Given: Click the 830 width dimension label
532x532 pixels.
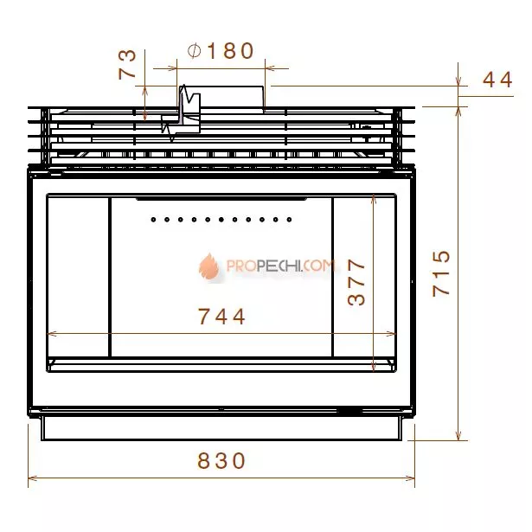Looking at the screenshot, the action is tap(221, 460).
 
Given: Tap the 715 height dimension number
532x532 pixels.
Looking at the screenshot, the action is tap(441, 274).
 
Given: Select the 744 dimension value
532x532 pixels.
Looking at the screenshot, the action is tap(221, 317).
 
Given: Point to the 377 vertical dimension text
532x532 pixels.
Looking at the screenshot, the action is tap(356, 282).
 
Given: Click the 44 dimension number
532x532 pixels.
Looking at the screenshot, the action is tap(497, 80).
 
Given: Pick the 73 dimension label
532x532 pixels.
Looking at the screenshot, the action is tap(127, 65).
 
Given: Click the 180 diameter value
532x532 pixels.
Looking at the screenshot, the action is tap(230, 50).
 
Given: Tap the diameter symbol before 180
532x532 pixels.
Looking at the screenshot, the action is tap(195, 51).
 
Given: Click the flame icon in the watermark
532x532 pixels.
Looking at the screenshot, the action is tap(209, 266).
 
